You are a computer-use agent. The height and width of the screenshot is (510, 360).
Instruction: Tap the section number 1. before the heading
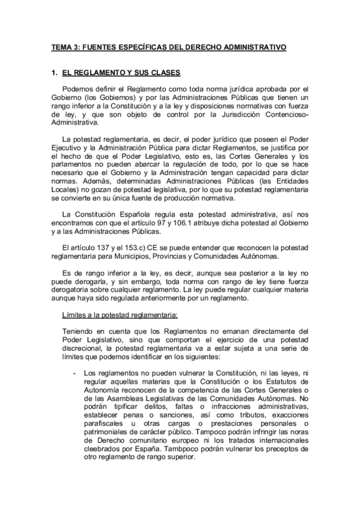56,73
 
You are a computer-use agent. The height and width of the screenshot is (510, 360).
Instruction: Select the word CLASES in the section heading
163,73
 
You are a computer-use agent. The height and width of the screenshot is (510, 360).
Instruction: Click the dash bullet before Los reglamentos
73,373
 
